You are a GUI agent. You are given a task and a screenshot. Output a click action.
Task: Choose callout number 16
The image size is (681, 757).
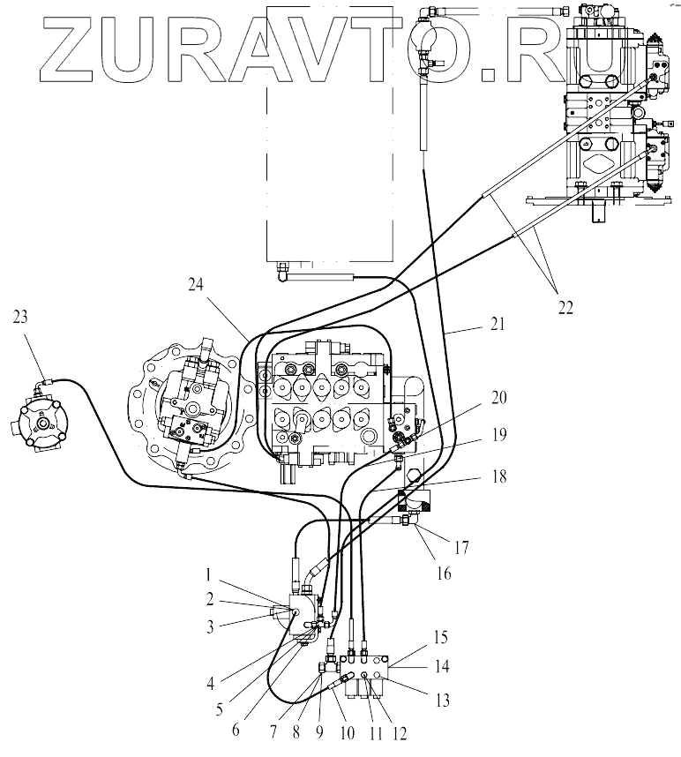[x=444, y=573]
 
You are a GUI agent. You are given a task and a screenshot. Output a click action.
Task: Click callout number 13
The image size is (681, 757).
[x=443, y=701]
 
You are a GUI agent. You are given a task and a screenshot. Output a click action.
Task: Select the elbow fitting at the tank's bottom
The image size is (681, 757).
[x=281, y=274]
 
